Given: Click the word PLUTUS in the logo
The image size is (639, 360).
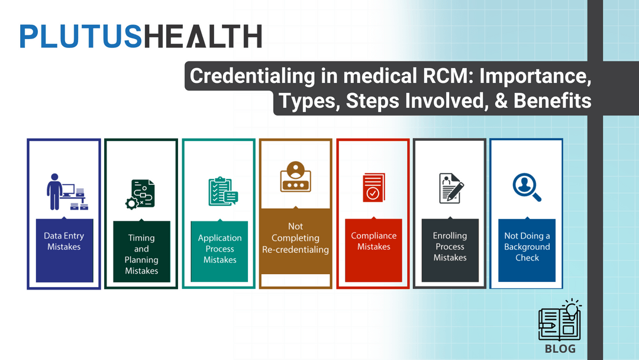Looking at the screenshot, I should pos(80,36).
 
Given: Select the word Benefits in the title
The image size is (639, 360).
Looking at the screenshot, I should pos(553,101).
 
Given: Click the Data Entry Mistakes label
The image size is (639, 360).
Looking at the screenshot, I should pos(64,241).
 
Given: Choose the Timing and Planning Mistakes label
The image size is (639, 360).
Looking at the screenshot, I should pos(141,254).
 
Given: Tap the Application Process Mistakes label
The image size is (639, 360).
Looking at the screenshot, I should pos(220,249).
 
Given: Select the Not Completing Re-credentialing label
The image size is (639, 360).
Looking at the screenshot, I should pos(295,238).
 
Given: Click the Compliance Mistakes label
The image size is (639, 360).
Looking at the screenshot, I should pos(373,241).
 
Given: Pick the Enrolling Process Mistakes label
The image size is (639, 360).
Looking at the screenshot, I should pos(450,246).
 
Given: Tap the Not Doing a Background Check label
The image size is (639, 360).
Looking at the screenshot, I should pos(527,246).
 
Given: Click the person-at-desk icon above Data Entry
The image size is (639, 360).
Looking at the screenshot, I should pos(64,192).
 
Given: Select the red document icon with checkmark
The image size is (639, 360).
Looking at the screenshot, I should pos(373,188).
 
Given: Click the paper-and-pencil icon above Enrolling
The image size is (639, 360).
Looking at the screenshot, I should pos(451,188).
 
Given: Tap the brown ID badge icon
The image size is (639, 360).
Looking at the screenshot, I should pos(295,177).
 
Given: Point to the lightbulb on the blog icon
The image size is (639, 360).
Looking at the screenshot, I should pos(571,308).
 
